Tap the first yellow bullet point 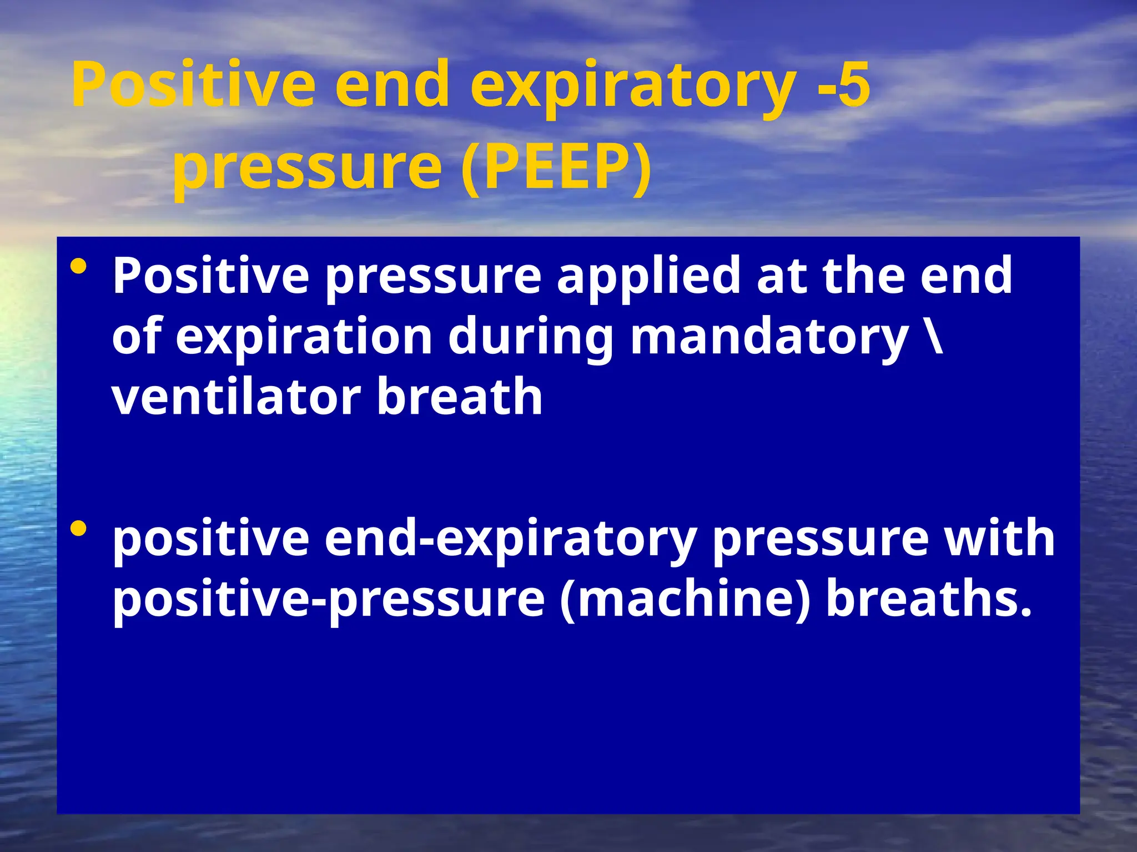pyautogui.click(x=79, y=268)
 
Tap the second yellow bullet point pyautogui.click(x=79, y=529)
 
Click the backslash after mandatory pyautogui.click(x=934, y=336)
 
